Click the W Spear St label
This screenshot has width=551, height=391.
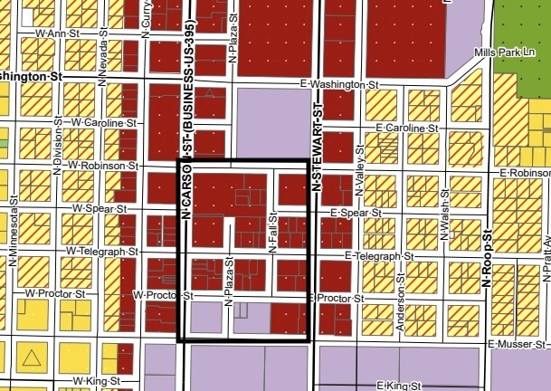[x=100, y=209]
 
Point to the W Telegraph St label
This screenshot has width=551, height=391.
[x=102, y=250]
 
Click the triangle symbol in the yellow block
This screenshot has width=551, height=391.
[x=32, y=358]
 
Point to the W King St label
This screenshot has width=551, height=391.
[x=96, y=380]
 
